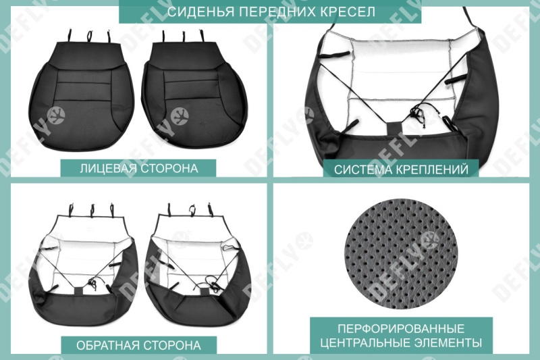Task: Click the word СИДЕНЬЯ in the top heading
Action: tap(194, 12)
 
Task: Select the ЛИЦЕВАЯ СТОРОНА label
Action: tap(138, 168)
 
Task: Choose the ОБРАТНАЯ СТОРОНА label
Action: tap(138, 345)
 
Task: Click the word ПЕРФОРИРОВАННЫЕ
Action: tap(401, 328)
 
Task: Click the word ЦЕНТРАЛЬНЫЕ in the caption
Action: tap(362, 342)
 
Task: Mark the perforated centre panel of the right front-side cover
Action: tap(193, 88)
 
